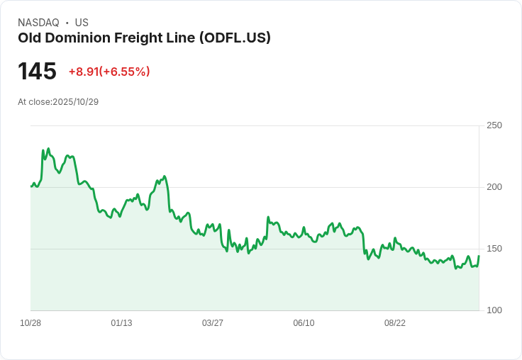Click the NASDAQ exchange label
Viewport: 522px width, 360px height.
38,23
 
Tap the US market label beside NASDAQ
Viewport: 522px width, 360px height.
82,23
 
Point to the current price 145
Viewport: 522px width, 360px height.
37,72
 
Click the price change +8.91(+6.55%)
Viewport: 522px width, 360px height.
109,72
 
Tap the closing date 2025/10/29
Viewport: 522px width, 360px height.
75,102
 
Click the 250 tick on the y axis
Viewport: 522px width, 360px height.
494,125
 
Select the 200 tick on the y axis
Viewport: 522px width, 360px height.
494,187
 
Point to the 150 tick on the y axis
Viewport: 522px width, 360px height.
494,249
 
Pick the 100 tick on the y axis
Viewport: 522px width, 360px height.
494,310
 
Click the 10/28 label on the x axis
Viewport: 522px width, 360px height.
30,323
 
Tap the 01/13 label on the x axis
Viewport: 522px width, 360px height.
121,323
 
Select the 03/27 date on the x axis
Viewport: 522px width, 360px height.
213,323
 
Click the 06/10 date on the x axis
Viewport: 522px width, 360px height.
304,323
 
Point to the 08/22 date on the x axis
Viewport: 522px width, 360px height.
395,323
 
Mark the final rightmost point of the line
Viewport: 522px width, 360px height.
479,256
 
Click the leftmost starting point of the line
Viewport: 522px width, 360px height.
31,186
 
